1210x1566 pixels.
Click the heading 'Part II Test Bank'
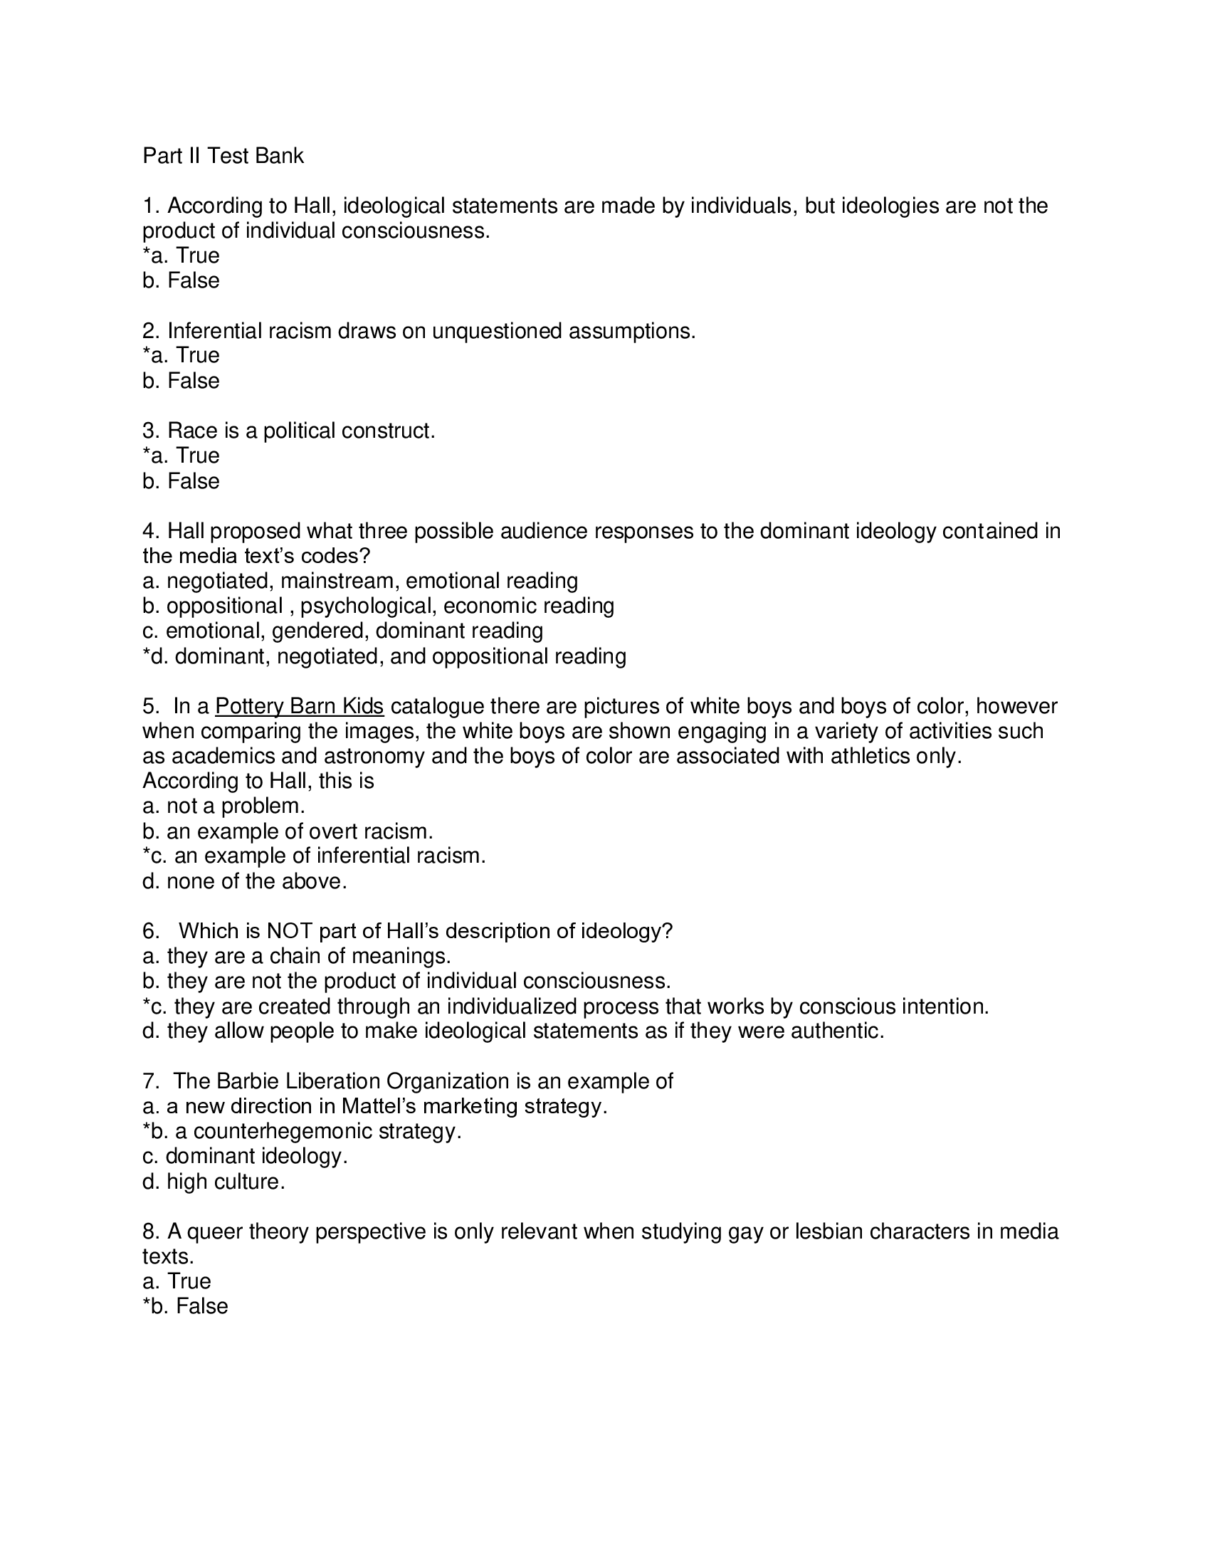point(223,156)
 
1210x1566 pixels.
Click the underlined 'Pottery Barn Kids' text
point(299,706)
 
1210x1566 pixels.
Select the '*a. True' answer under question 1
point(181,256)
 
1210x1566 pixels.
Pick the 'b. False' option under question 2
point(181,380)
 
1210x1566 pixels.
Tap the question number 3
point(149,431)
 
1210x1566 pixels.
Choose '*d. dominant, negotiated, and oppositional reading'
point(384,656)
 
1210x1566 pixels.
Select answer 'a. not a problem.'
point(223,806)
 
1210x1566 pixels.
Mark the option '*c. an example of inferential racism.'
point(314,856)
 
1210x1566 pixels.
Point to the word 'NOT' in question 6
point(289,931)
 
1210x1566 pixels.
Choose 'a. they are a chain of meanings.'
point(297,956)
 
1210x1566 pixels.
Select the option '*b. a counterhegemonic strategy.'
point(302,1131)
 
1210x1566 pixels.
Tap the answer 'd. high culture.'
point(214,1181)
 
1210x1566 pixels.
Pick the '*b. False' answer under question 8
point(185,1305)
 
